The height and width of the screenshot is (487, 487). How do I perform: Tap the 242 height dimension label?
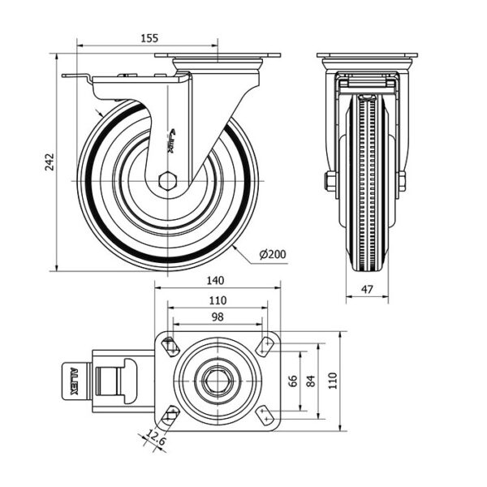tap(50, 162)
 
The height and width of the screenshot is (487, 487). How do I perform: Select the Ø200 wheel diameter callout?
tap(273, 255)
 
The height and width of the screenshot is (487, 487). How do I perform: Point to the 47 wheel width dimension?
tap(367, 288)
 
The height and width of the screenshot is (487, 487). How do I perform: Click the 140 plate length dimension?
tap(215, 281)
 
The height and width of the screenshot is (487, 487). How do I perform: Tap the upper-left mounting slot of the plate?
tap(170, 345)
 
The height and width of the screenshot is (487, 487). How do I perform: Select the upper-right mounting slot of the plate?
tap(266, 345)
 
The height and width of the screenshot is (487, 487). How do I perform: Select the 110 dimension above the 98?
tap(217, 300)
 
